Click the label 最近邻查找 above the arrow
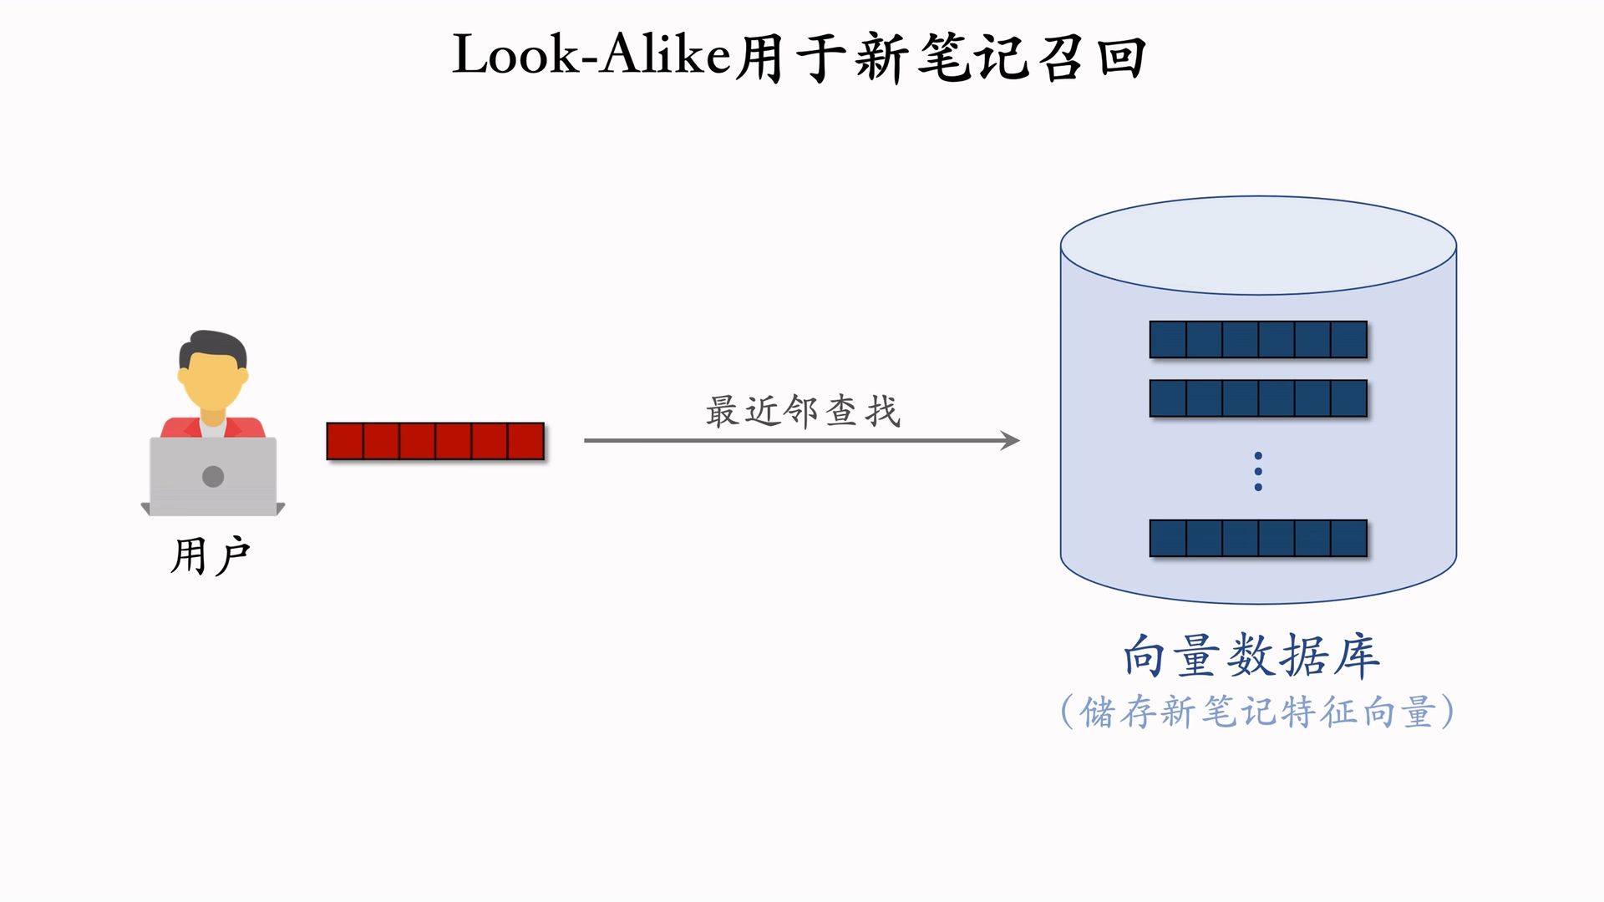tap(803, 412)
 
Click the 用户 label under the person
tap(211, 556)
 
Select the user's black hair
tap(214, 344)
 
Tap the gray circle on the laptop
tap(213, 476)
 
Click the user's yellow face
tap(212, 381)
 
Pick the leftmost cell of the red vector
tap(345, 441)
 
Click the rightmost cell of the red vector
tap(525, 441)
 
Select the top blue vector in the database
tap(1258, 340)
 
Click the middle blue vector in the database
tap(1258, 398)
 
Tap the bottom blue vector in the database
tap(1258, 538)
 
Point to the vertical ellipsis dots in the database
tap(1258, 471)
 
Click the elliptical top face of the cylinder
tap(1258, 246)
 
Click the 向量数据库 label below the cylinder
tap(1251, 656)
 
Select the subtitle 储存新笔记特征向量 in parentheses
tap(1257, 712)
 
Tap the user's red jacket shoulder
tap(175, 428)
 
